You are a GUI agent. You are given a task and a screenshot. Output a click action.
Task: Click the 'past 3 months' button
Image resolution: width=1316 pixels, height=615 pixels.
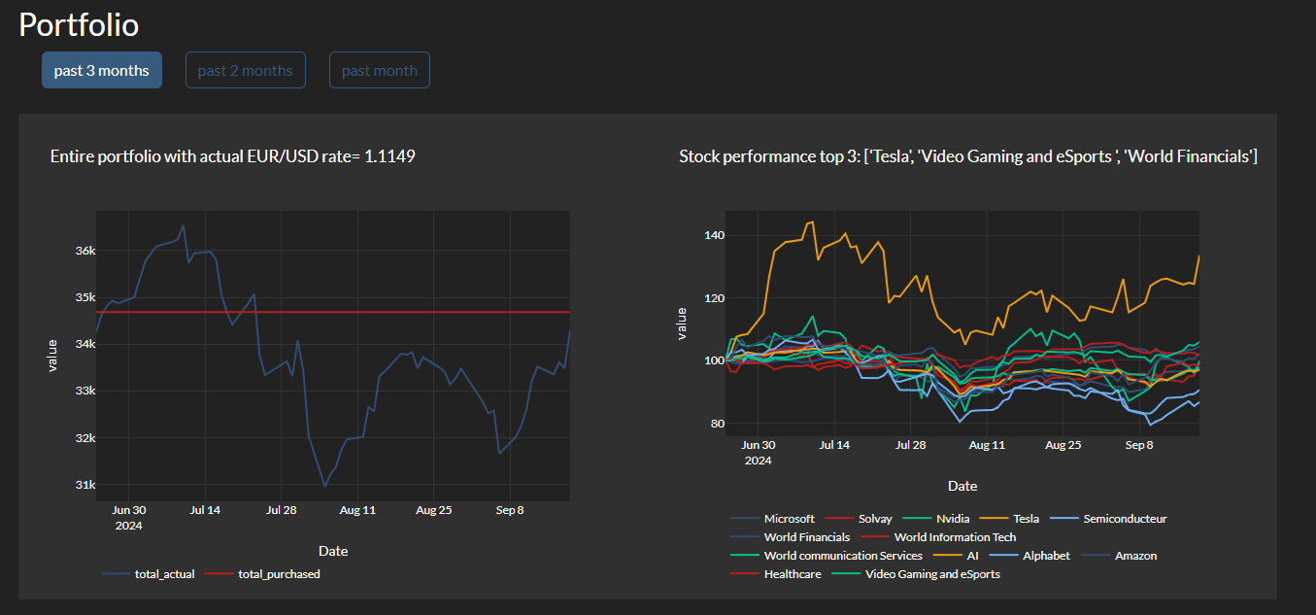point(101,70)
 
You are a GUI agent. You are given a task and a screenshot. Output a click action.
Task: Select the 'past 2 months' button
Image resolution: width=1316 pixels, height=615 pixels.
point(245,70)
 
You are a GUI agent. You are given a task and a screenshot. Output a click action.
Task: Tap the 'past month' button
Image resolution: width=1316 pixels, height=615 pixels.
point(379,70)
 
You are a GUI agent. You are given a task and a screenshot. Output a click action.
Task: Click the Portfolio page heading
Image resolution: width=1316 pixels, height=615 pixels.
point(79,25)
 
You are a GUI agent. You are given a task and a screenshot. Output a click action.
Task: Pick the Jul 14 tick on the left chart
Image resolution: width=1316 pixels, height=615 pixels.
point(205,509)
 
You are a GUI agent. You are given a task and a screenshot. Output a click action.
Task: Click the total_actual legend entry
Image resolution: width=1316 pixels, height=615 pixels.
point(164,574)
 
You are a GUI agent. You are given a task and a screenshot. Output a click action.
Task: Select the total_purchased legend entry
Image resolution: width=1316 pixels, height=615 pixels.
point(279,574)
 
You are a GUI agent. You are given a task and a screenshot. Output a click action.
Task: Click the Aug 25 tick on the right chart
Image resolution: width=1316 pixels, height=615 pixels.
point(1063,445)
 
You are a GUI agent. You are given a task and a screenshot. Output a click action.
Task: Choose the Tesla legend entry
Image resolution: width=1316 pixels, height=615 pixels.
point(1026,519)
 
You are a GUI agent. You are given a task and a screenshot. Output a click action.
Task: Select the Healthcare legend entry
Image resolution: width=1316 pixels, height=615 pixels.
point(792,574)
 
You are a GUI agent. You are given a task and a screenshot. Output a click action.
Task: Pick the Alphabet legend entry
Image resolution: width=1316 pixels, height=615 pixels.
point(1046,556)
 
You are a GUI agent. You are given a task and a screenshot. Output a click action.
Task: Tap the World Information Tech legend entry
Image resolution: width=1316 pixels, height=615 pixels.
point(955,537)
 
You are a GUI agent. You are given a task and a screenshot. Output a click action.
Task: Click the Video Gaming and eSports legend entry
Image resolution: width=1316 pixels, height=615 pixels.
point(931,574)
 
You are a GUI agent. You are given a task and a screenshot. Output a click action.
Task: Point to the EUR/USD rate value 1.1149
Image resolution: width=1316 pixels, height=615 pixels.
point(389,156)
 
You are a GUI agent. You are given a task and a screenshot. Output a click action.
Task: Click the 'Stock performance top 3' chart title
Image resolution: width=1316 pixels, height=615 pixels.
point(967,156)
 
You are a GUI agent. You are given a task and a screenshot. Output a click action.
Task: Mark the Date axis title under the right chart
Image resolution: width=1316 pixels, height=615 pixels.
point(962,486)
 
